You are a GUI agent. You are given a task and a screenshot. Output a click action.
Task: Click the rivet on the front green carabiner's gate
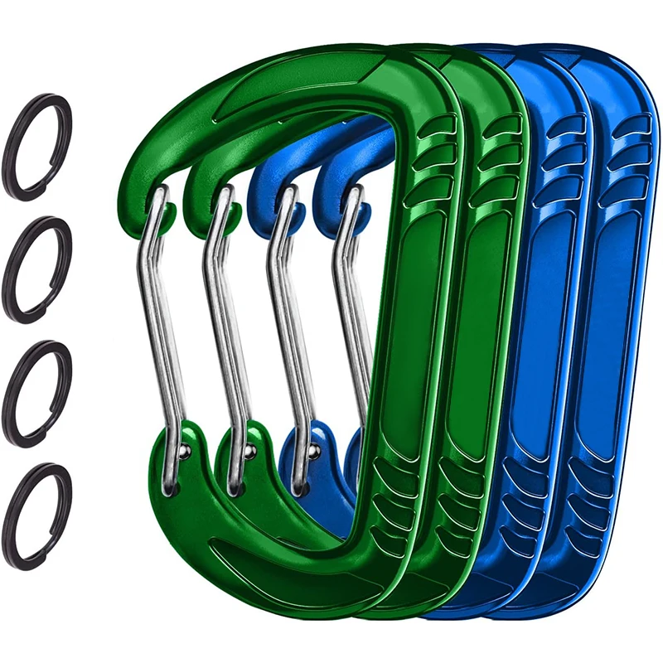click(x=183, y=450)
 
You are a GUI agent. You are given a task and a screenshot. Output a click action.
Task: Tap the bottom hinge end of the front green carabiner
click(x=170, y=489)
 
